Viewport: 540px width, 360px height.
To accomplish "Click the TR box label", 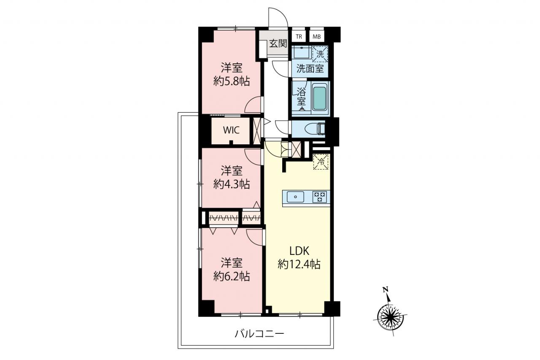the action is (299, 37).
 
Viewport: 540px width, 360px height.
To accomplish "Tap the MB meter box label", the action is (316, 37).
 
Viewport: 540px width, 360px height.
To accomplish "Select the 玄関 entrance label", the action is (278, 43).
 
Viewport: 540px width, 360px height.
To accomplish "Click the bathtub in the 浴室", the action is (319, 98).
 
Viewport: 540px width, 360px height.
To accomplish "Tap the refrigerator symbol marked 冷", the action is (321, 162).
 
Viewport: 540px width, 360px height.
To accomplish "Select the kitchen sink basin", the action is (295, 197).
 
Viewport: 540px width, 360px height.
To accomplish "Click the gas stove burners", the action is (319, 197).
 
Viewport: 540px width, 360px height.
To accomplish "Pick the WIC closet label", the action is (231, 130).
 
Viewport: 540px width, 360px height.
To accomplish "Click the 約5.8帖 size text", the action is (232, 82).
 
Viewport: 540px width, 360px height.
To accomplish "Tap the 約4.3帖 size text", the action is (232, 185).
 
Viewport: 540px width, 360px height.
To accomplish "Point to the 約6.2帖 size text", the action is (232, 276).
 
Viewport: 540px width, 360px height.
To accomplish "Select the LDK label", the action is (299, 251).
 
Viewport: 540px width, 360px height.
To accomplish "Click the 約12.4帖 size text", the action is (299, 264).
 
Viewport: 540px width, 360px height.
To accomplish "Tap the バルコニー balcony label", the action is (259, 334).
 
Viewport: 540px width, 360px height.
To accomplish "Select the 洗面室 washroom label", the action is (310, 69).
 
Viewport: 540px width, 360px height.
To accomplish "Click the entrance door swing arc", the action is (283, 13).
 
